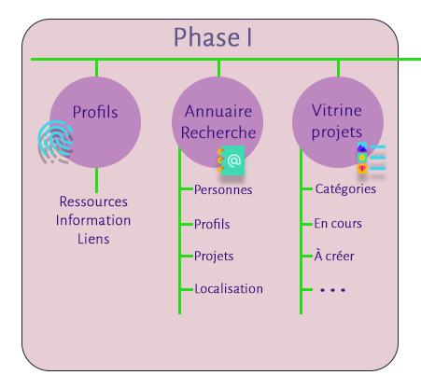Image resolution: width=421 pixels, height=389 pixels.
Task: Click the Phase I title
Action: tap(213, 37)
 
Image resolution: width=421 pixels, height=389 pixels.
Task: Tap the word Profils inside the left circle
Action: tap(95, 112)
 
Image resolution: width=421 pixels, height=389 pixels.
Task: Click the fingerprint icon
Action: tap(56, 142)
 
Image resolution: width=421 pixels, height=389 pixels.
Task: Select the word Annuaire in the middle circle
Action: tap(218, 111)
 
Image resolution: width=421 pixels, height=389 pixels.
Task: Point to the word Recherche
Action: tap(218, 132)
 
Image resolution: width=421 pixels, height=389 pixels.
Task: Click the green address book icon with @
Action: tap(232, 160)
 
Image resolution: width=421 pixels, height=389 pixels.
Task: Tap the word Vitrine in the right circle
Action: tap(337, 110)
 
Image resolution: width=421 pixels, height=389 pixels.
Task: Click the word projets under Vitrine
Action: tap(337, 132)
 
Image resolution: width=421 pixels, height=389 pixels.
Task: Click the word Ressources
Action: tap(93, 201)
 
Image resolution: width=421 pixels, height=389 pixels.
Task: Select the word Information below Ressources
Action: tap(93, 220)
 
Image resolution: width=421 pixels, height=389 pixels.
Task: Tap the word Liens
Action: tap(93, 239)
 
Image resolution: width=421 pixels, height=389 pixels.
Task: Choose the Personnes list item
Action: tap(223, 189)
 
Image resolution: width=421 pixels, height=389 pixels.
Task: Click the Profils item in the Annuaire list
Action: tap(212, 224)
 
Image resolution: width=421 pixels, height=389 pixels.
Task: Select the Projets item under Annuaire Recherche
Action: tap(214, 257)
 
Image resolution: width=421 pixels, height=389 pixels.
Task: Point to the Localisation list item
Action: tap(229, 289)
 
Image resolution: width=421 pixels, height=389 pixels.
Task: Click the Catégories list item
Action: tap(345, 189)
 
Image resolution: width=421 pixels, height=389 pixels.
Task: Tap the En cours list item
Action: tap(338, 224)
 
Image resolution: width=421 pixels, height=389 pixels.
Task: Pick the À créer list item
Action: tap(334, 256)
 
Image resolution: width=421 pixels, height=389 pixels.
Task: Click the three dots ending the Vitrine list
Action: tap(332, 290)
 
